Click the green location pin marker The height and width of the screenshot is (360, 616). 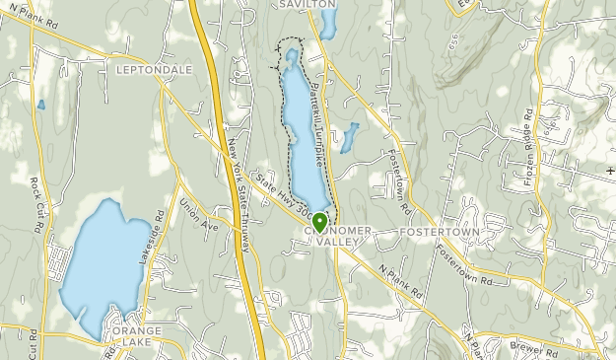(318, 222)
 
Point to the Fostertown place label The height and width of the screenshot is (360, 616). (440, 232)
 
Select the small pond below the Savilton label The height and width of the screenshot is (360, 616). (327, 25)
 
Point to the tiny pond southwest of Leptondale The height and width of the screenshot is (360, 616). (40, 104)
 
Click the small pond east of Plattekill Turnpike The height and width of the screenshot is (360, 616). (349, 137)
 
